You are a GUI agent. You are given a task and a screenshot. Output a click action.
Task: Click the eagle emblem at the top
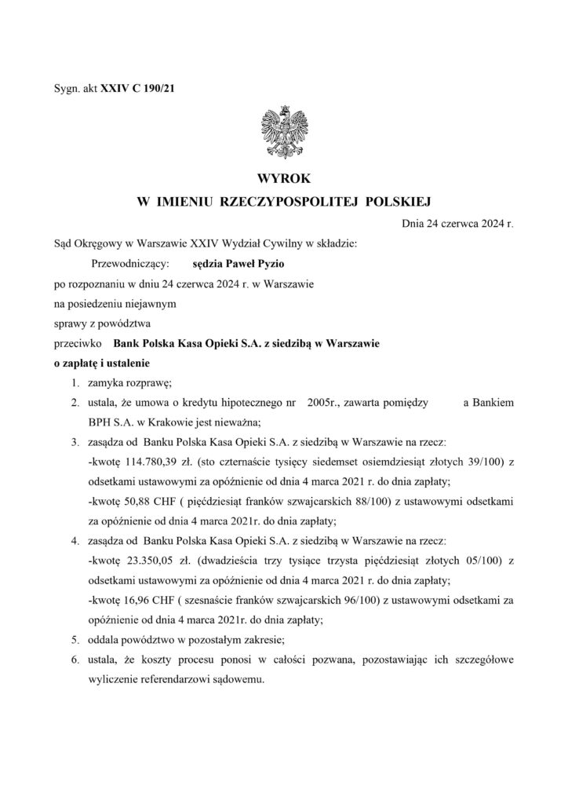point(283,131)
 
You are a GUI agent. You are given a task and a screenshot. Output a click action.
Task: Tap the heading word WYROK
point(283,180)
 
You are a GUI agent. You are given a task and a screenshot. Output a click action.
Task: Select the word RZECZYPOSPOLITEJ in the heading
point(289,203)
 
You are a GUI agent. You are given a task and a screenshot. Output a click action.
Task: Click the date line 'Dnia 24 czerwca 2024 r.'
point(457,224)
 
